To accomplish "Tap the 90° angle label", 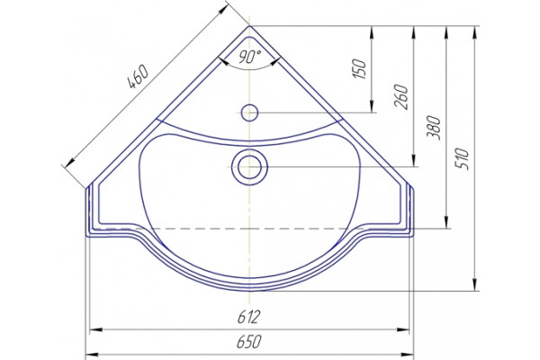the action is pos(250,56).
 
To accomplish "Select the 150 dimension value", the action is pos(359,69).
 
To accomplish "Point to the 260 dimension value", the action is pos(402,96).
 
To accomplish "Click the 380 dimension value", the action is pos(435,128).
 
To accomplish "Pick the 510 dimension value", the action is pos(463,158).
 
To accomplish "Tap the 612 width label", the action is pos(248,317).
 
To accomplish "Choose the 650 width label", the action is pos(248,342).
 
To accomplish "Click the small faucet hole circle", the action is pos(249,112).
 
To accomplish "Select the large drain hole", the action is pos(249,166).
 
